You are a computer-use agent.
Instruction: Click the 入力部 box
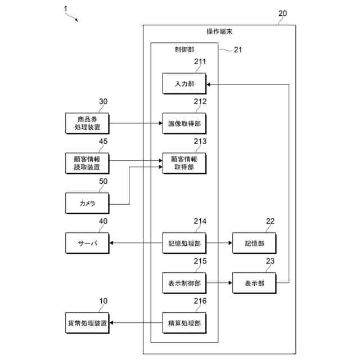184,84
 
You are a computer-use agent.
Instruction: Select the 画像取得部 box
184,124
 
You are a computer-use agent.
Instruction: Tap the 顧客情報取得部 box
184,163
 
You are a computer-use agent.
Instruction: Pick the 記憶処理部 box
184,243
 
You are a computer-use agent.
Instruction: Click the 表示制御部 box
184,283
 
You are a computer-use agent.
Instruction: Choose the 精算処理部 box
184,323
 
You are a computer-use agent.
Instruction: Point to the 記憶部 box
254,243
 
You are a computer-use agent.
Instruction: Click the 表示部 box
254,283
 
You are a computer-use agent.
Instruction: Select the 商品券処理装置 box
87,124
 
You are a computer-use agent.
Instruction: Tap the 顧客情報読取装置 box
87,163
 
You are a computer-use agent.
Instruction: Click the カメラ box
87,203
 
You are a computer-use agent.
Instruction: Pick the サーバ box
87,243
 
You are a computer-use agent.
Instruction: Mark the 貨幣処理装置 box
87,323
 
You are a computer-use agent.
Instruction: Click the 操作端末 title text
219,31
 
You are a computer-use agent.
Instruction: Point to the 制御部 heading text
184,49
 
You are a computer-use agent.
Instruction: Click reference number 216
200,301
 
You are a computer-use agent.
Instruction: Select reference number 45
103,141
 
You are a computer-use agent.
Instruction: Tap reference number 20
282,13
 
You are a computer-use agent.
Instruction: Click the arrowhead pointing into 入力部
208,84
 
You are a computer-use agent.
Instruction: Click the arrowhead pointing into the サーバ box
111,243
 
